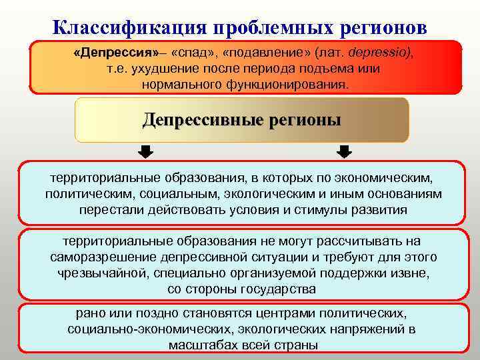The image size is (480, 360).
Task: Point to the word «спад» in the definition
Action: click(x=193, y=53)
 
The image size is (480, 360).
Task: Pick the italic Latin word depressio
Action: click(x=377, y=53)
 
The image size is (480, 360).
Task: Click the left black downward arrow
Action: click(x=145, y=152)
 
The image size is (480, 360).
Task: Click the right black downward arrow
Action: click(x=344, y=152)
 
